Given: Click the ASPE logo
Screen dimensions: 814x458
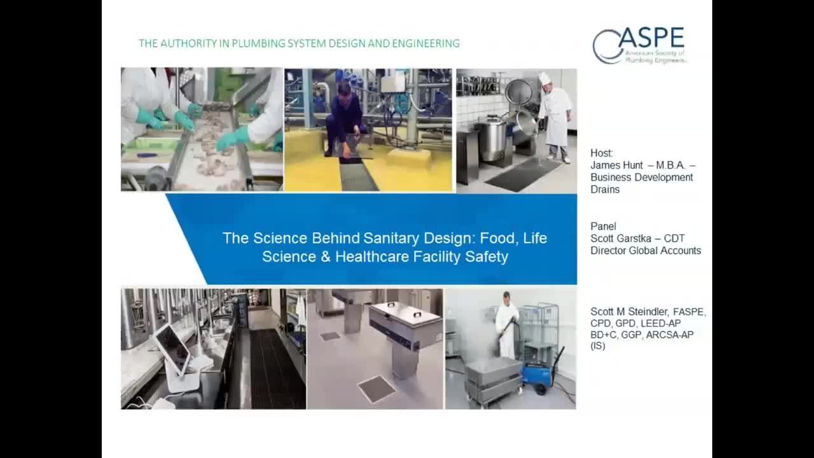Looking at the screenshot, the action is [x=639, y=45].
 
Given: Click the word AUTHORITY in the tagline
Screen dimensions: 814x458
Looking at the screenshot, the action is [x=189, y=43].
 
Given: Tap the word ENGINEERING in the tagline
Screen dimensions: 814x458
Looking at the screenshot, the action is [x=426, y=43].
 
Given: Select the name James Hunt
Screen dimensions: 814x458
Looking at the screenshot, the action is [x=616, y=165].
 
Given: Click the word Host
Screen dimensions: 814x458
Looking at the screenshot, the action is [x=602, y=153].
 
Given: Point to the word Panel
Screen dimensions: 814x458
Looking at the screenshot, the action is [x=604, y=226].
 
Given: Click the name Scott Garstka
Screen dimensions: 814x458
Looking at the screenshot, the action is [x=621, y=239].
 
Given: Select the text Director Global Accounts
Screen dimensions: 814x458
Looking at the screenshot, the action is [x=645, y=251].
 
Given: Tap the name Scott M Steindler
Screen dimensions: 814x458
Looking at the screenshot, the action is [x=629, y=312].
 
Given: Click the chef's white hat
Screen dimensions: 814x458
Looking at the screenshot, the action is [x=544, y=78].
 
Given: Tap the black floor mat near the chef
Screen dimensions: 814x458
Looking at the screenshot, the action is [x=524, y=174].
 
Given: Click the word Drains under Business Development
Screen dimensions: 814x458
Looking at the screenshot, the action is [x=605, y=190].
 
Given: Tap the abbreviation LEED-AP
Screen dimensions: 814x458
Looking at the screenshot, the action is [x=661, y=324].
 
